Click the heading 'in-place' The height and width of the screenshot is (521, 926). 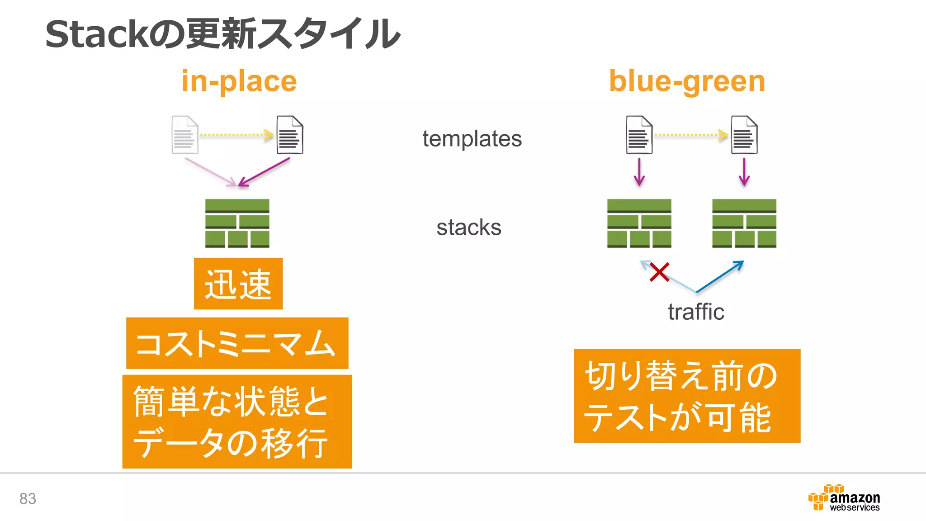tap(239, 81)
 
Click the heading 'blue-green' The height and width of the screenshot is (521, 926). tap(687, 81)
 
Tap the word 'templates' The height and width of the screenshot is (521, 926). tap(472, 138)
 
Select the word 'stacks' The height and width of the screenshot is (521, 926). tap(469, 227)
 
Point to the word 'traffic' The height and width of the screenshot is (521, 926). tap(696, 312)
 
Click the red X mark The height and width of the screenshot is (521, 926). tap(659, 272)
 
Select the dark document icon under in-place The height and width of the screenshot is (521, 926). tap(290, 135)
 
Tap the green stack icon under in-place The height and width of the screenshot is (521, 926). tap(237, 223)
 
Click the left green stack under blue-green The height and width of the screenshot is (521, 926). tap(639, 223)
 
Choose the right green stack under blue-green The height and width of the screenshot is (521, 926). tap(744, 223)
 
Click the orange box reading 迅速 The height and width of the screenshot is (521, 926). tap(238, 284)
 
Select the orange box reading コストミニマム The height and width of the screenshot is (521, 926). tap(237, 343)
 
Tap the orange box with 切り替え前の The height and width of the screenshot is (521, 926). tap(687, 396)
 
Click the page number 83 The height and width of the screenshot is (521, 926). tap(28, 498)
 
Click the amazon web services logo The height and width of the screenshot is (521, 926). tap(844, 498)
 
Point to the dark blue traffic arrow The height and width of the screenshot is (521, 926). tap(720, 276)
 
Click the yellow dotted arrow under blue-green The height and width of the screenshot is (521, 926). tap(691, 135)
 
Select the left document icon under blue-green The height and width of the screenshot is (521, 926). tap(639, 135)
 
